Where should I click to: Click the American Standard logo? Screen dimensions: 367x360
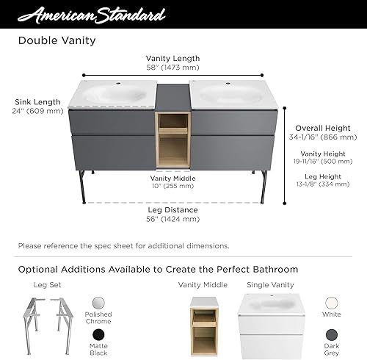pos(92,15)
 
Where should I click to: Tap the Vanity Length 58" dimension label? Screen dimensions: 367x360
pos(172,63)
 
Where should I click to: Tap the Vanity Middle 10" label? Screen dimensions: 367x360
pos(172,182)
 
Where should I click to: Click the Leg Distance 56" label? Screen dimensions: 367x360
pos(173,214)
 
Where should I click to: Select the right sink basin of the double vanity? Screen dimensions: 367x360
pos(231,93)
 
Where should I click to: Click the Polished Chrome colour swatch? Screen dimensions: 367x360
pos(99,303)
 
